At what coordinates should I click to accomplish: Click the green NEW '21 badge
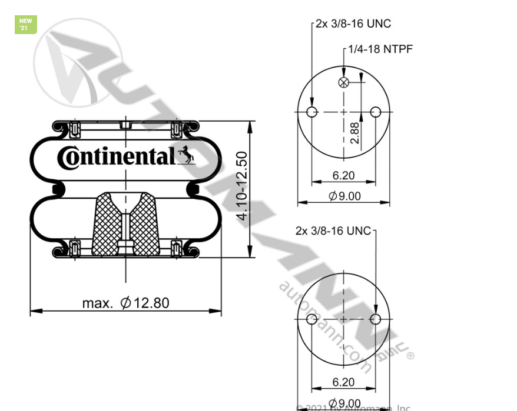tap(25, 25)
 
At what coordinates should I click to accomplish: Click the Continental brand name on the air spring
tap(116, 157)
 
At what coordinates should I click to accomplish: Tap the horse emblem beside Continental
tap(185, 155)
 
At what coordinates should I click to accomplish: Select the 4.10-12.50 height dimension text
tap(242, 187)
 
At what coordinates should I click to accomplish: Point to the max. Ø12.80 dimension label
tap(125, 303)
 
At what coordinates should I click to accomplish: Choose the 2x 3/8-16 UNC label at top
tap(353, 24)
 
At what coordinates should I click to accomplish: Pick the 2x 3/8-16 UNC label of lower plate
tap(333, 230)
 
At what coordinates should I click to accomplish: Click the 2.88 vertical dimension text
tap(354, 133)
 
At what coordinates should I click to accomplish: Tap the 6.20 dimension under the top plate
tap(343, 175)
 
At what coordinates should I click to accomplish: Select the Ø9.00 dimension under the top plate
tap(344, 196)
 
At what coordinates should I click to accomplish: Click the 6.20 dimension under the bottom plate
tap(343, 382)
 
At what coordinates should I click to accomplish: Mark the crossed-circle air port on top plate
tap(344, 82)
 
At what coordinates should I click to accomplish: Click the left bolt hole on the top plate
tap(312, 112)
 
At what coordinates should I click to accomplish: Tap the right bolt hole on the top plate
tap(376, 112)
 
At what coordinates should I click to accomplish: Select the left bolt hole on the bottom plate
tap(312, 319)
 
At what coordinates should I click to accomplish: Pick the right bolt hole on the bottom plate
tap(376, 319)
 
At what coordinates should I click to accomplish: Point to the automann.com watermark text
tap(324, 326)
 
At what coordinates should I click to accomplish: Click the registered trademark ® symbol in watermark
tap(410, 355)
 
